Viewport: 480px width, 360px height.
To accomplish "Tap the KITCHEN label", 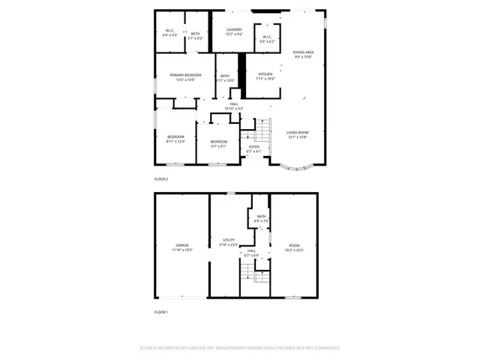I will (266, 74).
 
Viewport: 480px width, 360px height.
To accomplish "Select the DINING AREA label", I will (303, 52).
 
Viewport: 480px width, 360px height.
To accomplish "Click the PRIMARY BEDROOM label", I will (184, 75).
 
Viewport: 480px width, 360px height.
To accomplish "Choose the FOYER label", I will (254, 147).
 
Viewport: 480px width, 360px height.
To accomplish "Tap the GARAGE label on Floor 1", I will (182, 244).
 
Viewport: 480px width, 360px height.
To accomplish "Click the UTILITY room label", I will (228, 240).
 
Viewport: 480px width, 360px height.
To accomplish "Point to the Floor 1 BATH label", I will (261, 217).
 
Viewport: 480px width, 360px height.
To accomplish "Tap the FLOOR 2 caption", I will (161, 179).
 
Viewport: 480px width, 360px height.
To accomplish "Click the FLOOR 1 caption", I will (161, 311).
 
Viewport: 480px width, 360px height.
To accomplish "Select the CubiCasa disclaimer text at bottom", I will (240, 348).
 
